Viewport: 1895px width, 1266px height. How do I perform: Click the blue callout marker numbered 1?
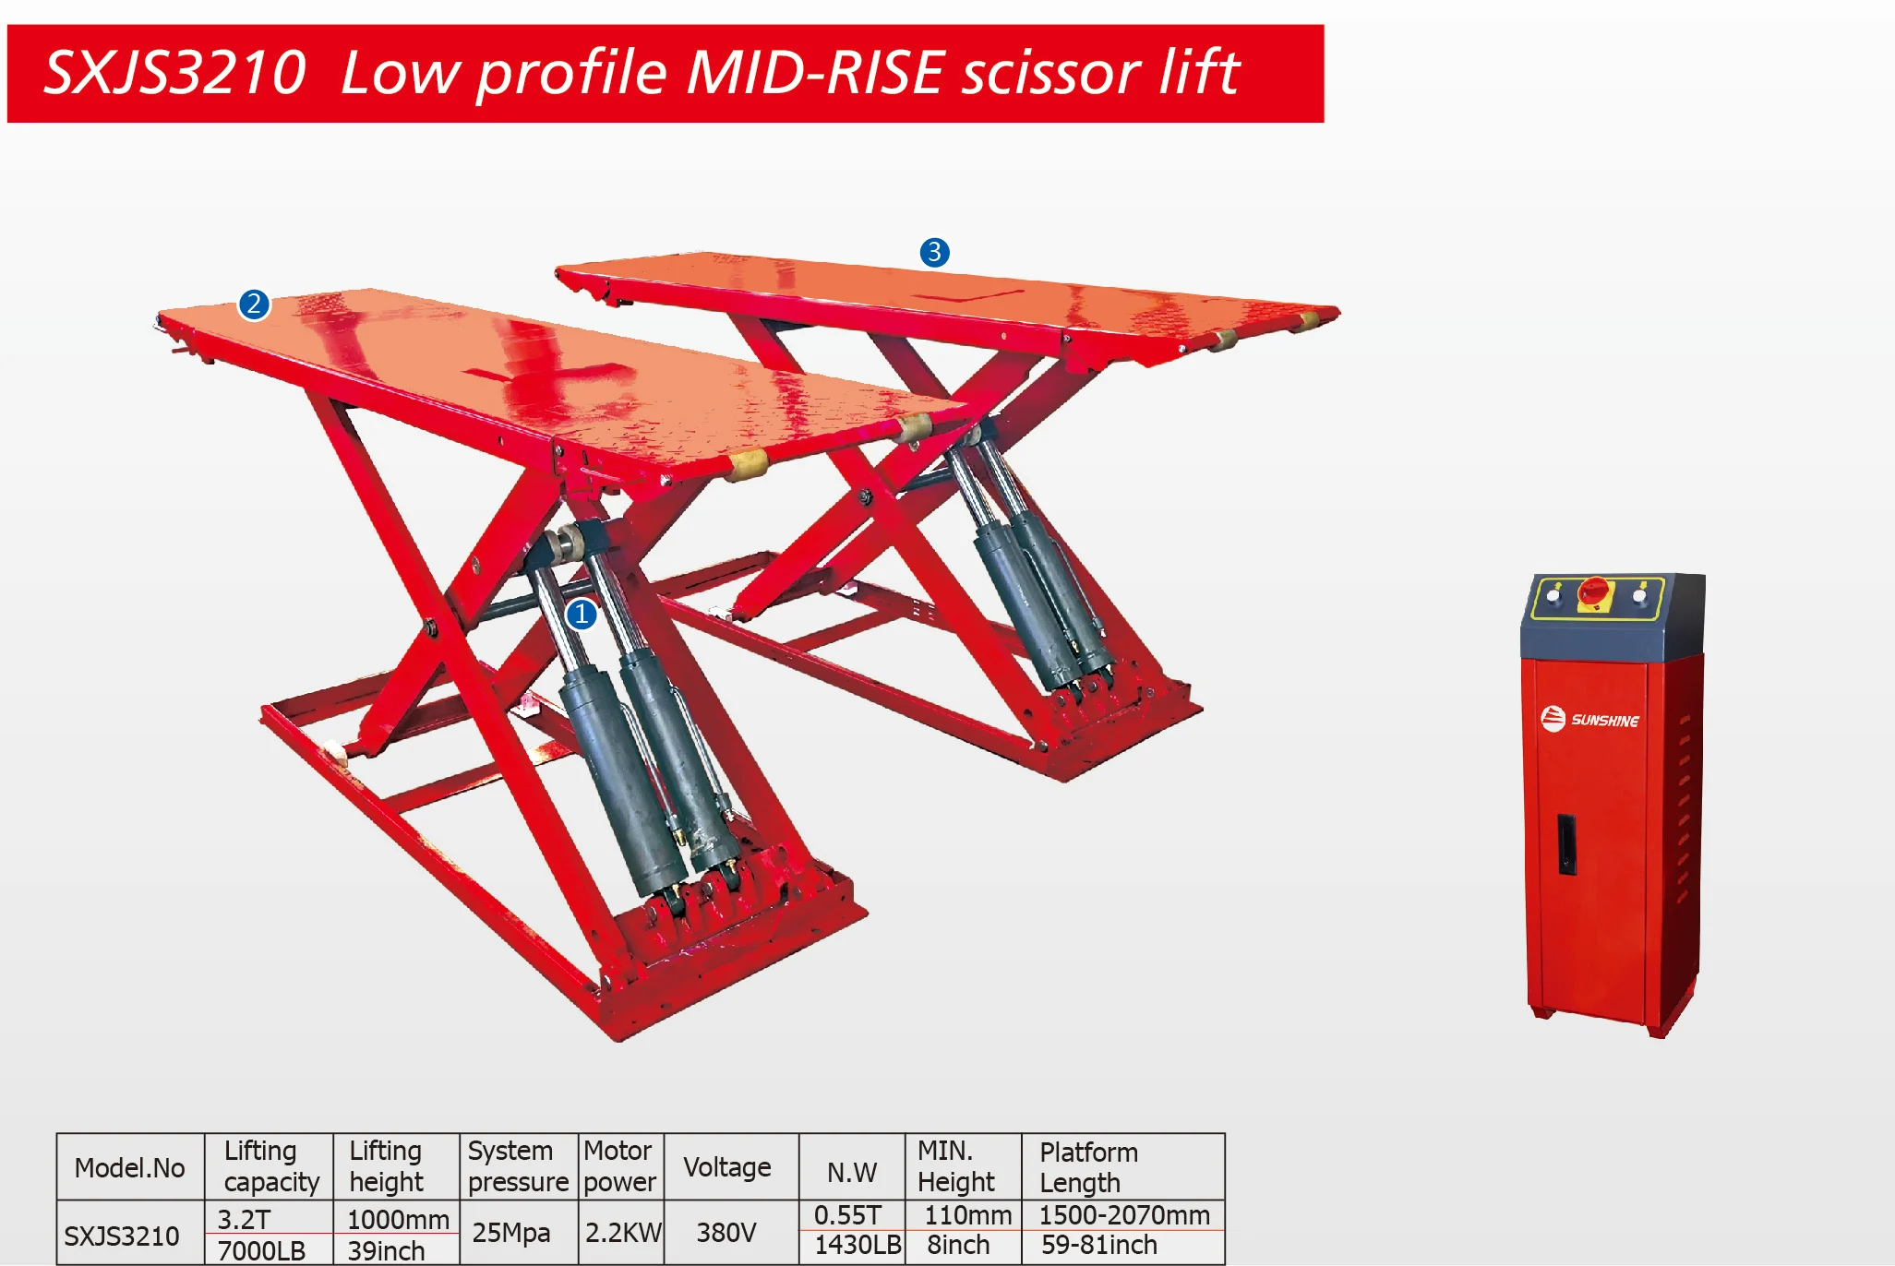pyautogui.click(x=582, y=614)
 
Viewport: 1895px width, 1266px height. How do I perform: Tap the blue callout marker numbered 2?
pyautogui.click(x=254, y=304)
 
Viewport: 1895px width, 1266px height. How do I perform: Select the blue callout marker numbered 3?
pyautogui.click(x=934, y=252)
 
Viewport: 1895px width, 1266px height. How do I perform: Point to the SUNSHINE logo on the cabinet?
pyautogui.click(x=1589, y=719)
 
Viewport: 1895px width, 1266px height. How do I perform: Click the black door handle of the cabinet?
pyautogui.click(x=1566, y=843)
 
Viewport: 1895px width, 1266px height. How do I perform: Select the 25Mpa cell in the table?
pyautogui.click(x=510, y=1233)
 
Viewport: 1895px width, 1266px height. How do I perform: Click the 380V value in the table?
pyautogui.click(x=726, y=1233)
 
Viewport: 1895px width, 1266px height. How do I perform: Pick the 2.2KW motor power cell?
pyautogui.click(x=623, y=1233)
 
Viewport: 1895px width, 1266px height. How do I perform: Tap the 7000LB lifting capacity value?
pyautogui.click(x=261, y=1250)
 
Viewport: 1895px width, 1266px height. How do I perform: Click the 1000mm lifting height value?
pyautogui.click(x=398, y=1219)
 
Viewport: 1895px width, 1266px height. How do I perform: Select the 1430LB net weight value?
pyautogui.click(x=857, y=1245)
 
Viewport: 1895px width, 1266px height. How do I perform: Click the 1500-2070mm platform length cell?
pyautogui.click(x=1123, y=1215)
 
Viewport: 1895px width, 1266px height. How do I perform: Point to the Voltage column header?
pyautogui.click(x=726, y=1167)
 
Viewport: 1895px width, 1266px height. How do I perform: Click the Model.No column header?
pyautogui.click(x=129, y=1168)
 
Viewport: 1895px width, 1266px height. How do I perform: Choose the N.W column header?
pyautogui.click(x=851, y=1172)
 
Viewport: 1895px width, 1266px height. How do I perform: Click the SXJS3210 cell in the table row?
pyautogui.click(x=121, y=1236)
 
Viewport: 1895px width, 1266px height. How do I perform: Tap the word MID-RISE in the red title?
pyautogui.click(x=816, y=73)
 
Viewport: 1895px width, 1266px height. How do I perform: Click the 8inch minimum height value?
pyautogui.click(x=958, y=1245)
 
